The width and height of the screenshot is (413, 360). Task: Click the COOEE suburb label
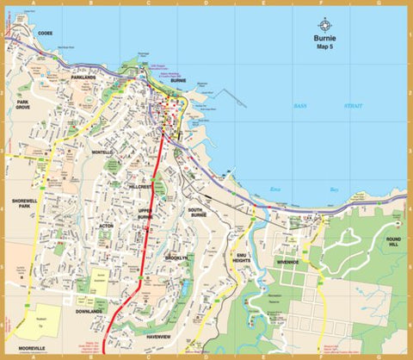(45, 34)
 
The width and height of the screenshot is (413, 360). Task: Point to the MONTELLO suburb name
(102, 152)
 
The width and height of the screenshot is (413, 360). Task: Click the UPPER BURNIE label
(145, 214)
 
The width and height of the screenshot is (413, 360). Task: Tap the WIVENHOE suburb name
(287, 261)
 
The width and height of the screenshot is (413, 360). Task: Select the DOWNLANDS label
(89, 311)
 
